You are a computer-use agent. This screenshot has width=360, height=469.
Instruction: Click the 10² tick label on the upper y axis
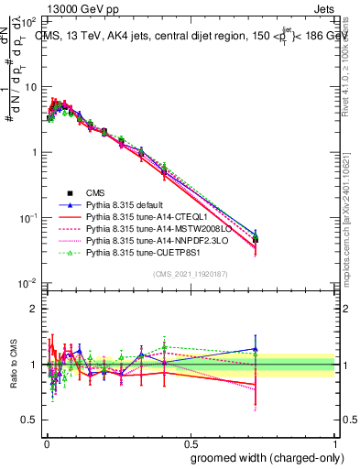tap(27, 20)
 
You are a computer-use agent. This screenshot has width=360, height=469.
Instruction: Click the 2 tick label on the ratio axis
tap(32, 309)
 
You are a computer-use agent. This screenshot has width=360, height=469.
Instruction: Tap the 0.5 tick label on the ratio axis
tap(28, 420)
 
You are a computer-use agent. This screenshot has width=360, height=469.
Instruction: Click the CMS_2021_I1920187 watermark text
tap(189, 274)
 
